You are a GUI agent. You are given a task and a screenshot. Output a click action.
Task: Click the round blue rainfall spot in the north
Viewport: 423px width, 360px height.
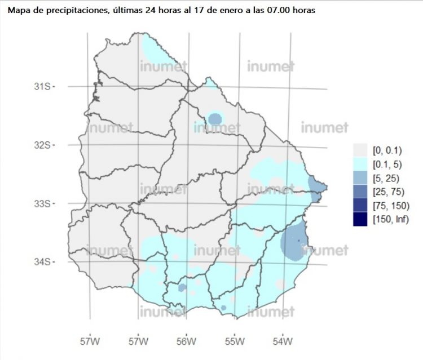pos(215,119)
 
